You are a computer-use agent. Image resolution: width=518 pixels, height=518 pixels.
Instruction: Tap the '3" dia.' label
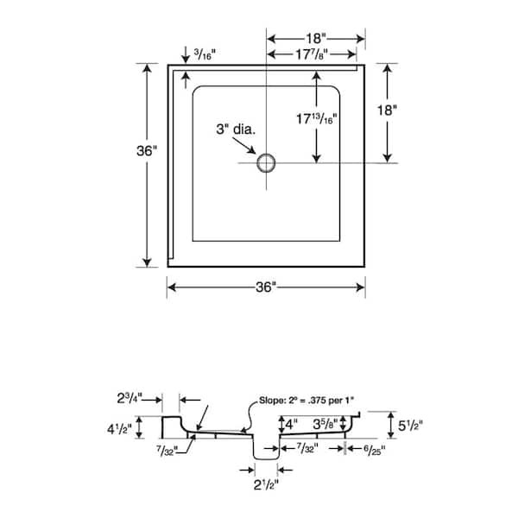234,130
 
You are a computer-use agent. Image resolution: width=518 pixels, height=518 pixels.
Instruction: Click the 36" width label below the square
267,287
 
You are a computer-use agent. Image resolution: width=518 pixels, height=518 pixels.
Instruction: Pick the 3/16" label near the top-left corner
207,54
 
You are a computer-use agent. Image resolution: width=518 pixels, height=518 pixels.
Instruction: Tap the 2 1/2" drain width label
266,483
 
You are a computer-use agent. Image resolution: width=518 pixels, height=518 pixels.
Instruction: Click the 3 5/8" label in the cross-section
325,423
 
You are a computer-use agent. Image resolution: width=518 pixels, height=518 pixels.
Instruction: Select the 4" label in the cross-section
294,423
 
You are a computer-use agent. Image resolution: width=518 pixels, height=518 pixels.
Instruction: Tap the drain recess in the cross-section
265,449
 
